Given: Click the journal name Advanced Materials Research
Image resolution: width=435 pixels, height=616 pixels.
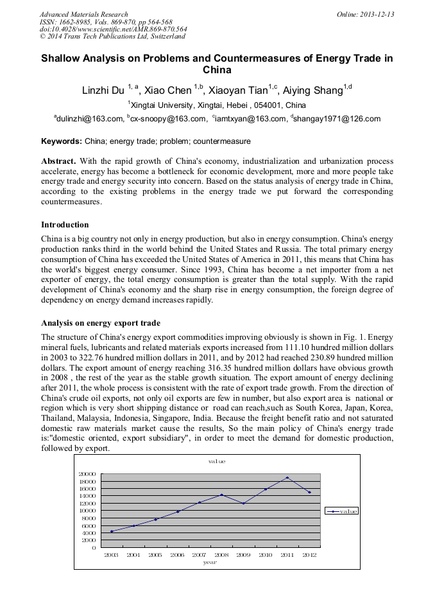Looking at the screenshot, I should [x=83, y=14].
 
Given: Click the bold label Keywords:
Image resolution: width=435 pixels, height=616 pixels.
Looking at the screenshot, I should [x=62, y=141].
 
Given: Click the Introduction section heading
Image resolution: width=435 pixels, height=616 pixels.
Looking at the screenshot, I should [x=65, y=225].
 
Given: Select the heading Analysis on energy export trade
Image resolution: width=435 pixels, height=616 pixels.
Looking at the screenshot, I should [x=101, y=322].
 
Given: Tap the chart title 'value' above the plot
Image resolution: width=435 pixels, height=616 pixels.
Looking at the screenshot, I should [x=216, y=461].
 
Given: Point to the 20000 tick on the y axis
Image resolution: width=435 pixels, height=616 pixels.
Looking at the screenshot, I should [x=87, y=474].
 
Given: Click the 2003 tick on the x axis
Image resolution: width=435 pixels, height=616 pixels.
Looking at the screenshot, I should [x=111, y=554].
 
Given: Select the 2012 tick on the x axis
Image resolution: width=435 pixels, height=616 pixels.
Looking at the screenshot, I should [x=310, y=554].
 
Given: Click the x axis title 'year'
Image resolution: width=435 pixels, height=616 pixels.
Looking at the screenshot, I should [x=210, y=562].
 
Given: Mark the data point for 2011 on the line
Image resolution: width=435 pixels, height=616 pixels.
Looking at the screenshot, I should [x=287, y=478].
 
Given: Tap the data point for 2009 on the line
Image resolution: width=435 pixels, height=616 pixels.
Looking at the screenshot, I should [x=243, y=504].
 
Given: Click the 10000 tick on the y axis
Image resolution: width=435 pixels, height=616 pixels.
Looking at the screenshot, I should [x=87, y=511].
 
